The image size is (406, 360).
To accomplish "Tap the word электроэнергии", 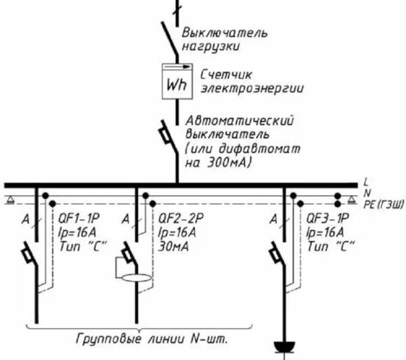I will click(251, 88).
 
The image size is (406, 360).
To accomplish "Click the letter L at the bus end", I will click(365, 182).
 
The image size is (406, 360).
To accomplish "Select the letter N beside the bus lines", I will click(366, 192).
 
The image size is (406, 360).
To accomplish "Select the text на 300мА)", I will click(218, 163).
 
